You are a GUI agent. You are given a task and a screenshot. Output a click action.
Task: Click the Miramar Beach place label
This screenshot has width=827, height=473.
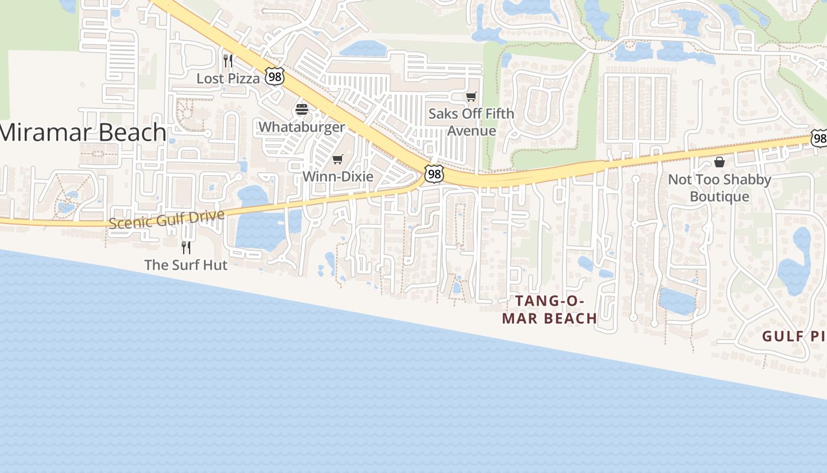[x=83, y=132]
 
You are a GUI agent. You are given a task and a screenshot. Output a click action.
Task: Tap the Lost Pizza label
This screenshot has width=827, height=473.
[x=228, y=79]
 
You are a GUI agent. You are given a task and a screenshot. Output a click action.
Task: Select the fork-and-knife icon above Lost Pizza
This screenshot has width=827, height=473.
[x=228, y=60]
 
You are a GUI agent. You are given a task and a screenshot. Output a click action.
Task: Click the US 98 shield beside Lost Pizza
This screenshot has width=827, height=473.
[x=274, y=76]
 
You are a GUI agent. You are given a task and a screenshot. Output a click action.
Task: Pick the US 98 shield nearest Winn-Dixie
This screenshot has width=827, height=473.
[x=434, y=174]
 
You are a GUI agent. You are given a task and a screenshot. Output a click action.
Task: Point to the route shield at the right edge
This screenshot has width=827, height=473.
[x=819, y=138]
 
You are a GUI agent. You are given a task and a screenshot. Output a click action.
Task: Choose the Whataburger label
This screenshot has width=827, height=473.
[x=301, y=127]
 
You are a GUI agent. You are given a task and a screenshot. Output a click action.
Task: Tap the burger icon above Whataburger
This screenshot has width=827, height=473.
[x=302, y=109]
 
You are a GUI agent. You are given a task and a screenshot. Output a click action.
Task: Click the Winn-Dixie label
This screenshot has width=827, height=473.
[x=338, y=176]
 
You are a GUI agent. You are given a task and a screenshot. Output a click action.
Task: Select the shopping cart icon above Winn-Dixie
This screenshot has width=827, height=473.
[x=338, y=159]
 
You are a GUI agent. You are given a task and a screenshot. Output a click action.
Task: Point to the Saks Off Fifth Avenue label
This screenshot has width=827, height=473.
[x=471, y=121]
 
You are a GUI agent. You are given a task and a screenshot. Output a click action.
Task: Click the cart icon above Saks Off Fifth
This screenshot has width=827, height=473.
[x=471, y=96]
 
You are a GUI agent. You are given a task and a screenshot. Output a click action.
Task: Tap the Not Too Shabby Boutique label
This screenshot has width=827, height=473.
[x=719, y=188]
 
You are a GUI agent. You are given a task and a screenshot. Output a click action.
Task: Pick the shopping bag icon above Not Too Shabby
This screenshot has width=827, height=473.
[x=719, y=161]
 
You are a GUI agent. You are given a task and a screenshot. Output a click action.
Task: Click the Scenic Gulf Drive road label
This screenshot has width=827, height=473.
[x=167, y=219]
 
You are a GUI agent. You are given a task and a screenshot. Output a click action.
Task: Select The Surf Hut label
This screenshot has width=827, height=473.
[x=185, y=265]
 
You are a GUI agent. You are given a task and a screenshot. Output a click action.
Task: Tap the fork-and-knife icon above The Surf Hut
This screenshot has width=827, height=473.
[x=186, y=247]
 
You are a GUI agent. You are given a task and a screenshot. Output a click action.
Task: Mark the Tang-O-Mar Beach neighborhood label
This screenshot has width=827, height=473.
[x=549, y=310]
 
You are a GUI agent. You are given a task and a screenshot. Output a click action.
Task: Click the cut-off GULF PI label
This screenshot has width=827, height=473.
[x=793, y=336]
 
